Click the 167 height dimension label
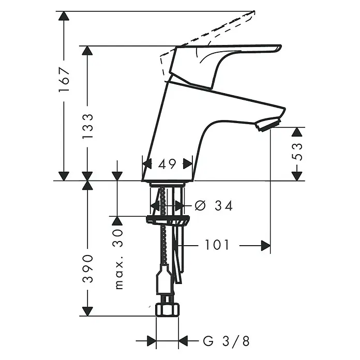click(x=64, y=80)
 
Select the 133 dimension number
click(x=87, y=126)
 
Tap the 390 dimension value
click(x=87, y=268)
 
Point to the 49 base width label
click(x=167, y=164)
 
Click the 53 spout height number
click(x=297, y=152)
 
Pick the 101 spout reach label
click(x=217, y=245)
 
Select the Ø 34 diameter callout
click(x=214, y=205)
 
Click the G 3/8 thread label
click(x=226, y=341)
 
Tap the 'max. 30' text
click(x=119, y=260)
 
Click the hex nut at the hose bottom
click(x=167, y=310)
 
